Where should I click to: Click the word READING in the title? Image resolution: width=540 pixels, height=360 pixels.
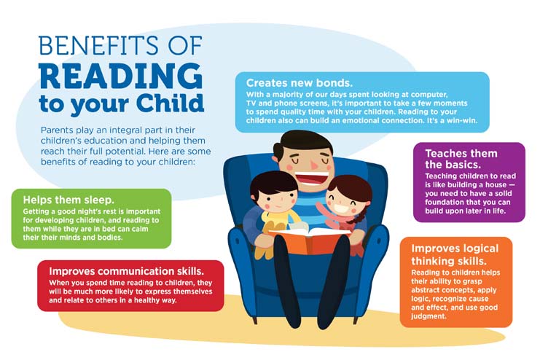point(120,76)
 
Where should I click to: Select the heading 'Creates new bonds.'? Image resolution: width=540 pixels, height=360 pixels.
point(300,82)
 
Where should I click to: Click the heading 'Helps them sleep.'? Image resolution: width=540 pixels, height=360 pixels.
point(69,200)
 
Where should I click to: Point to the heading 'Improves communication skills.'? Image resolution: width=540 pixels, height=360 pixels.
point(126,271)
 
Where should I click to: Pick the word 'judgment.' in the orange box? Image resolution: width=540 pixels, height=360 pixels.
point(429,316)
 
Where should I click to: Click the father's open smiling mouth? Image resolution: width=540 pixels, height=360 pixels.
point(312,179)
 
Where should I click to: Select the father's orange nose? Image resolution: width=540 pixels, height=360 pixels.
point(314,164)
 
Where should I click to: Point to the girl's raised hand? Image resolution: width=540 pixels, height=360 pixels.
point(321,208)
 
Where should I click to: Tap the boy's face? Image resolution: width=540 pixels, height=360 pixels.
point(276,199)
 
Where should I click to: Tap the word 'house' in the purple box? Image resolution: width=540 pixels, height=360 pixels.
point(496,184)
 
